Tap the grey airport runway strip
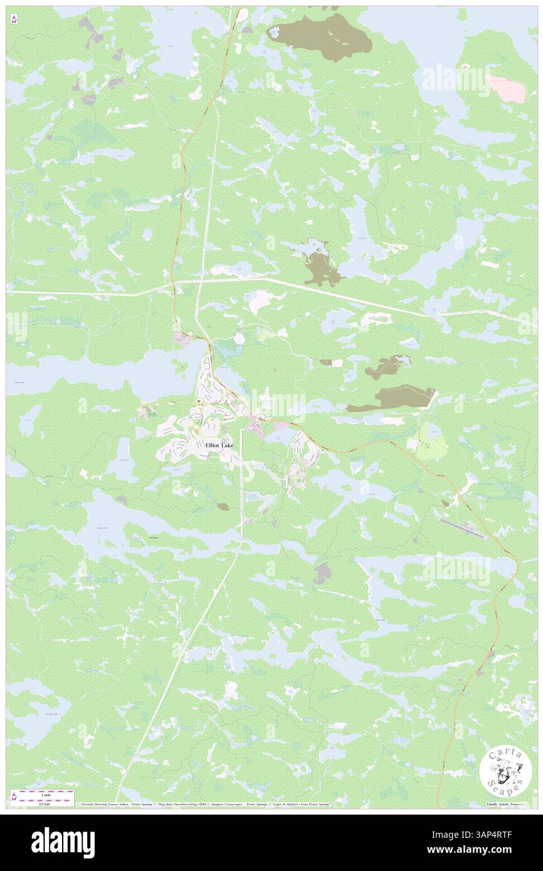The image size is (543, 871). point(462,528)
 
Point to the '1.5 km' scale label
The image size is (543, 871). point(44,803)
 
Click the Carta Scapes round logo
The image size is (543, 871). point(505,772)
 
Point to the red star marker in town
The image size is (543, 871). point(198,402)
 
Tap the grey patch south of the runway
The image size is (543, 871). point(322,572)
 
